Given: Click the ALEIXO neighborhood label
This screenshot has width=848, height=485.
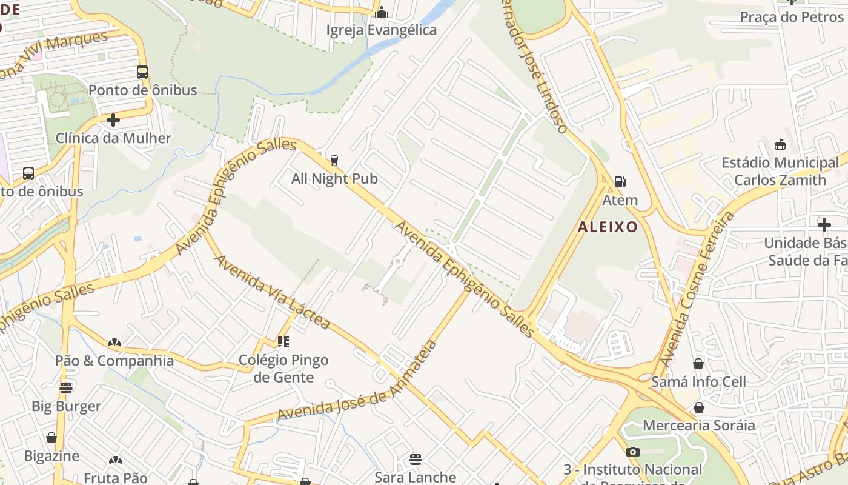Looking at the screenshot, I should pyautogui.click(x=608, y=227).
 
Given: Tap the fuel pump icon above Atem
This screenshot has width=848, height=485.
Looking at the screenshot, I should pyautogui.click(x=620, y=181).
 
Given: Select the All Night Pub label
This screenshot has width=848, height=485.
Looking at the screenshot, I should pyautogui.click(x=334, y=179).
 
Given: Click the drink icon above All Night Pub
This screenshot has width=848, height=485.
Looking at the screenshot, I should pyautogui.click(x=334, y=161).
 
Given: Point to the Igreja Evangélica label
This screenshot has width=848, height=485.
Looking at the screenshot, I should pyautogui.click(x=382, y=30).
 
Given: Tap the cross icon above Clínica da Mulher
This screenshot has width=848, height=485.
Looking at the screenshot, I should pyautogui.click(x=113, y=120).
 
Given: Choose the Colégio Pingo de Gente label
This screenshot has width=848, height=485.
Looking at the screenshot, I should pyautogui.click(x=283, y=369).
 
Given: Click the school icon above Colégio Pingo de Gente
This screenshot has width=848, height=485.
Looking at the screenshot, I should pyautogui.click(x=283, y=342).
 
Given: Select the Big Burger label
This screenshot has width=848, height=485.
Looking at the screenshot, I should pyautogui.click(x=66, y=406).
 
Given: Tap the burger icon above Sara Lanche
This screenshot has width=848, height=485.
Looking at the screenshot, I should pyautogui.click(x=415, y=459).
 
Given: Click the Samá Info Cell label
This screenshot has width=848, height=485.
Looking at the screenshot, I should pyautogui.click(x=698, y=382).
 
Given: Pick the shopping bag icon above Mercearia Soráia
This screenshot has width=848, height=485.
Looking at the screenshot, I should pyautogui.click(x=698, y=407).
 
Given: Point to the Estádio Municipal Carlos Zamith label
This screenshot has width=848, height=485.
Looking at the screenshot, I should pyautogui.click(x=780, y=172).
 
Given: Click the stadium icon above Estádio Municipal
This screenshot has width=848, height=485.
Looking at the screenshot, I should pyautogui.click(x=780, y=145).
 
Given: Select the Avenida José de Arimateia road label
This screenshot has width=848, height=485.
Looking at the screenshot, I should pyautogui.click(x=357, y=381).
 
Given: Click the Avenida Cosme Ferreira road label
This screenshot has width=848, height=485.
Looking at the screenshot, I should pyautogui.click(x=697, y=288).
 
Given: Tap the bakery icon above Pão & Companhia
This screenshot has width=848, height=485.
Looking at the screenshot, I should pyautogui.click(x=114, y=343).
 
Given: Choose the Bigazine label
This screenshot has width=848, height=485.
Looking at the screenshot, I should pyautogui.click(x=51, y=456).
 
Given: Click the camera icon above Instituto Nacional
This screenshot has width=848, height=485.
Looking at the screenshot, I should pyautogui.click(x=632, y=452).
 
